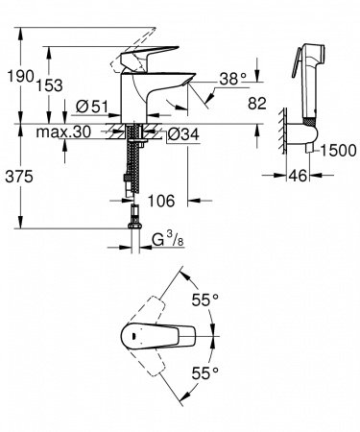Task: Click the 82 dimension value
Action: click(253, 102)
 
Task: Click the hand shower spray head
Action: click(312, 58)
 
